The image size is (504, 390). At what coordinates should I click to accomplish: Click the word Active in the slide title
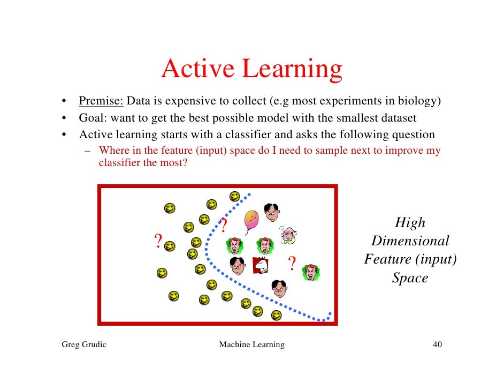coord(198,70)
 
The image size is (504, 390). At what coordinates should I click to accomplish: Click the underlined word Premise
coord(101,101)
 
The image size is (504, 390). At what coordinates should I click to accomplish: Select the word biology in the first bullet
coord(422,101)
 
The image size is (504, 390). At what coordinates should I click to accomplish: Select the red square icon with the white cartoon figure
coord(260,265)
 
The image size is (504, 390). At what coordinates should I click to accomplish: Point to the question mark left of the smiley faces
coord(158,242)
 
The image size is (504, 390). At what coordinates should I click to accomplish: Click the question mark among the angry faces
coord(292,264)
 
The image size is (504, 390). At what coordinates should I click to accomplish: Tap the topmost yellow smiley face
coord(234,196)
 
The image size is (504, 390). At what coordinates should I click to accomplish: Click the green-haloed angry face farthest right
coord(310,273)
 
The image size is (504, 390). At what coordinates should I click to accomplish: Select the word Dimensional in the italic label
coord(410,241)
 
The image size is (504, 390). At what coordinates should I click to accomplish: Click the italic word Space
coord(410,278)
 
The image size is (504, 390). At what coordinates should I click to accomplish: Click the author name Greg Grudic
coord(84,344)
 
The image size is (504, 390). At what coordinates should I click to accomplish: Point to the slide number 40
coord(437,344)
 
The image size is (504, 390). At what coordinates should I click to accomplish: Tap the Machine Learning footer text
coord(251,344)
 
